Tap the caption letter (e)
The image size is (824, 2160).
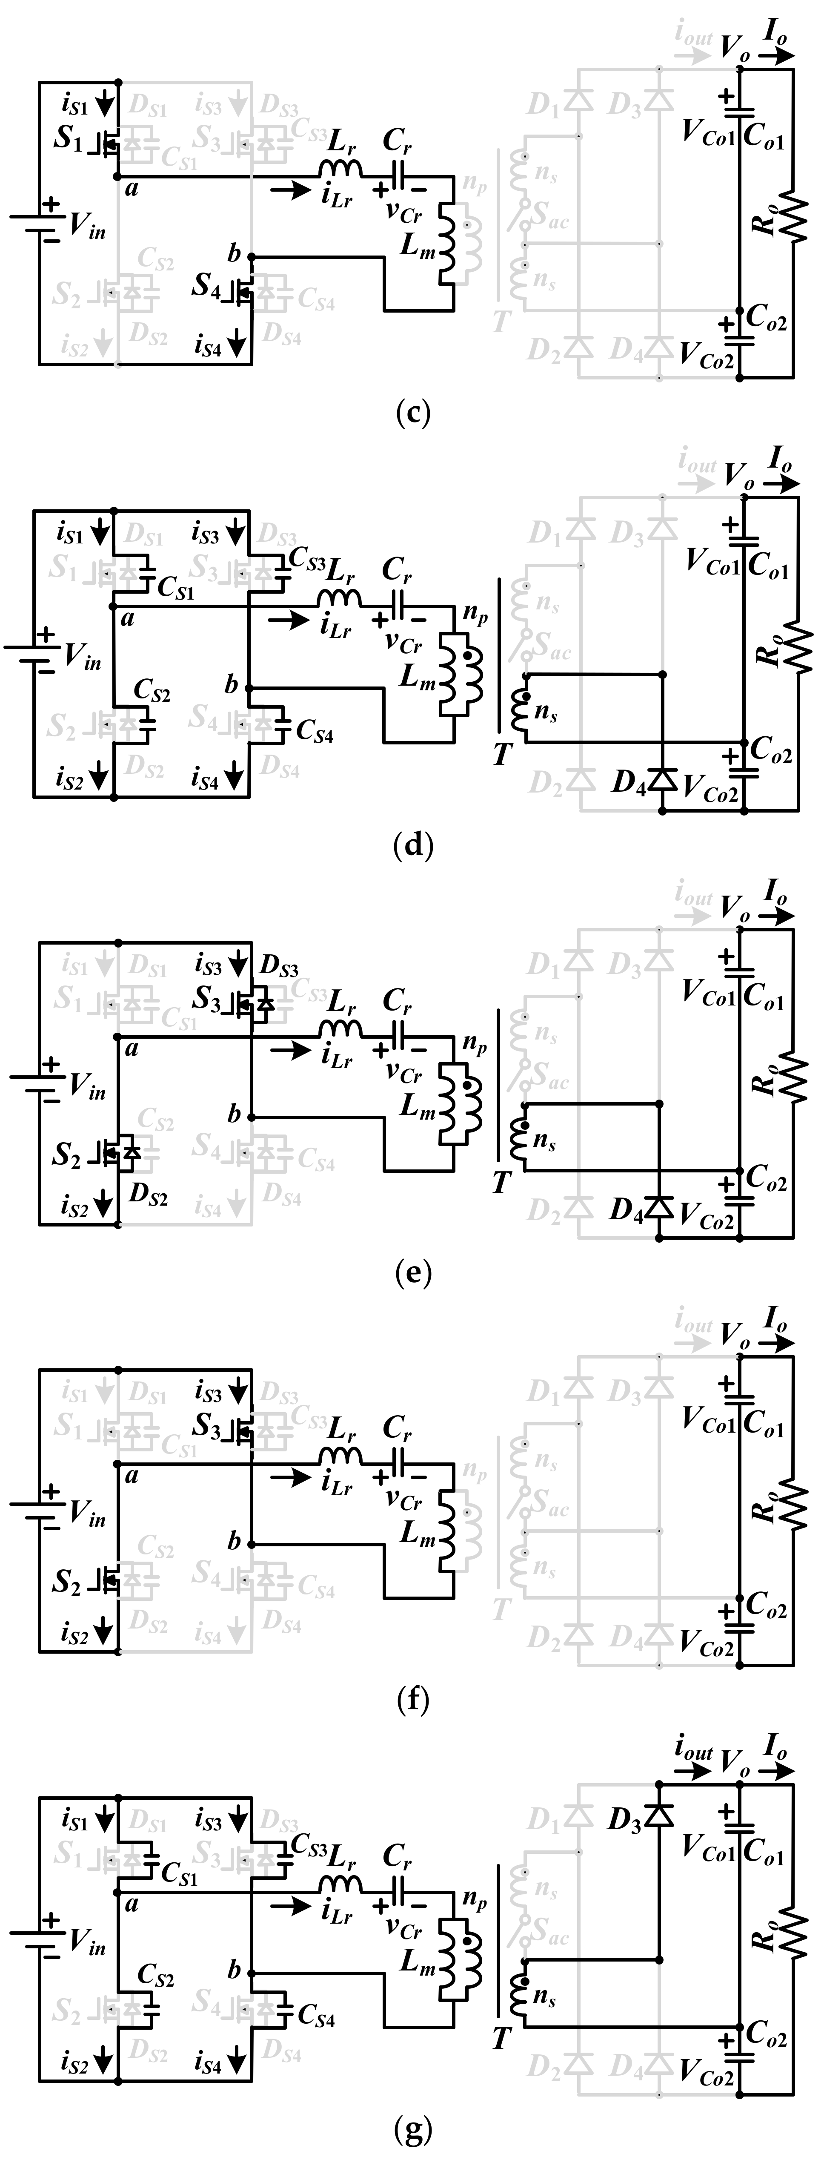412,1274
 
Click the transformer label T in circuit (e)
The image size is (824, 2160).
501,1182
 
